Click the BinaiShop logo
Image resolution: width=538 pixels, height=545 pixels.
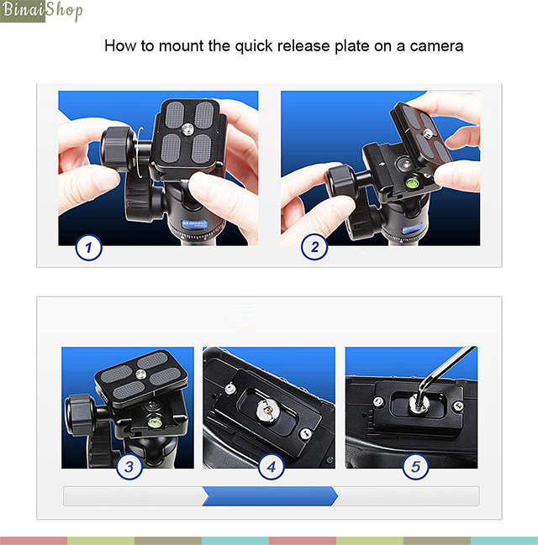[x=41, y=11]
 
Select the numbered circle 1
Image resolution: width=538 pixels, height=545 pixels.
[x=89, y=248]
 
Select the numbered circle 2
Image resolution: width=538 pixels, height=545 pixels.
[x=314, y=247]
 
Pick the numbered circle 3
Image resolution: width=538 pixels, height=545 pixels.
[x=129, y=466]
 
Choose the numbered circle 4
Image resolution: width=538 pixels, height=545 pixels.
[x=271, y=466]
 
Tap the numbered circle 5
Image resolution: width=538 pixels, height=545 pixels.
[x=415, y=466]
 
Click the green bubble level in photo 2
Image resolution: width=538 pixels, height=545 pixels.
[x=413, y=182]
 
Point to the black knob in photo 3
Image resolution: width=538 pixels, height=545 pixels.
[x=79, y=415]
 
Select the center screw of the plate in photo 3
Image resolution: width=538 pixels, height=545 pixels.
[x=140, y=374]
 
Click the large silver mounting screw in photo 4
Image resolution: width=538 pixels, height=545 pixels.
[x=267, y=411]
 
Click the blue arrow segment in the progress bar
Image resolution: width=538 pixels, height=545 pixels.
[x=270, y=496]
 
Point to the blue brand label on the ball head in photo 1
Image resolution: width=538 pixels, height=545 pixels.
[x=194, y=224]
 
